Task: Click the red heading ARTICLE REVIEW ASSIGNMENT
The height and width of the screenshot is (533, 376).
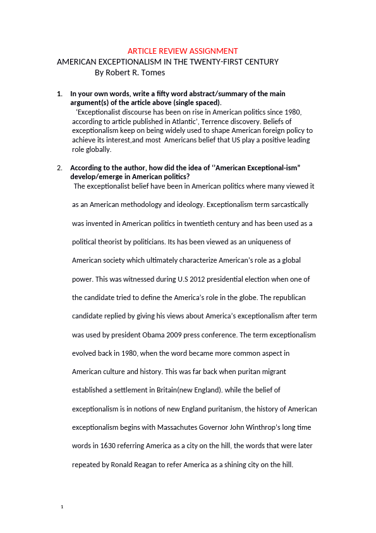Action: coord(183,51)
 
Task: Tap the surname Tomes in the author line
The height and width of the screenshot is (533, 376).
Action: coord(152,73)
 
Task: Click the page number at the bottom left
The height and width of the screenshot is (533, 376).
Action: coord(61,508)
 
